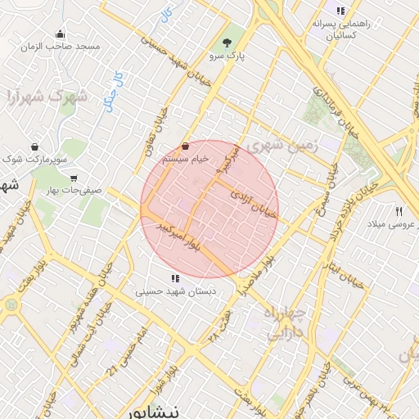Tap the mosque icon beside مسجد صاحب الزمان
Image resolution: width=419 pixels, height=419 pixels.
pos(60,34)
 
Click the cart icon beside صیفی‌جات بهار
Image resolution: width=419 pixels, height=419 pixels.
pos(74,178)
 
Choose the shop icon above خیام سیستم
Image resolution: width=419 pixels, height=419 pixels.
pos(185,146)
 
